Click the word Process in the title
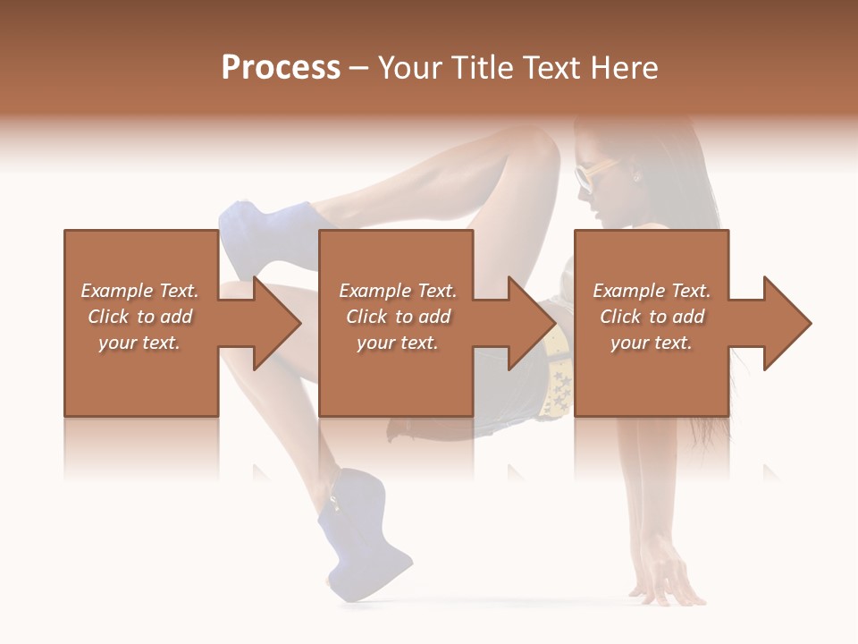281,68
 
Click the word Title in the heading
483,68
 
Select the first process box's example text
139,317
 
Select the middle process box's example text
398,317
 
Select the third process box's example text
652,317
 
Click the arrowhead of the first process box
277,323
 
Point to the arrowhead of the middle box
533,323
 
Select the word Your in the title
410,68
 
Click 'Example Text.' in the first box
139,291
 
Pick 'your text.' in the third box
652,343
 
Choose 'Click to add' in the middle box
398,317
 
